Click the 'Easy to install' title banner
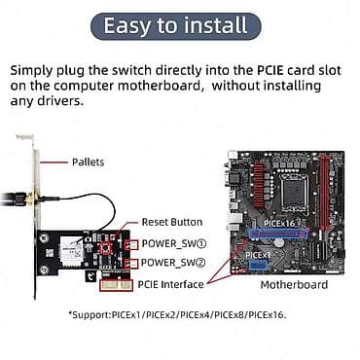[x=180, y=25]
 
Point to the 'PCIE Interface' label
[x=171, y=284]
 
